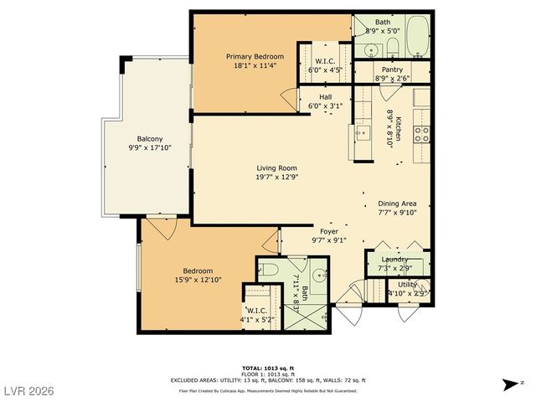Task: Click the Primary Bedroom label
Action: click(x=253, y=56)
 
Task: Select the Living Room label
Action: click(x=276, y=168)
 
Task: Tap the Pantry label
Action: click(x=393, y=70)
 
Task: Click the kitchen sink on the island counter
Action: click(x=363, y=131)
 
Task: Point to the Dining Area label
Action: click(x=397, y=203)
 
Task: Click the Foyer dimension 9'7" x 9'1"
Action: click(x=329, y=240)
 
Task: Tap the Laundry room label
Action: click(x=395, y=260)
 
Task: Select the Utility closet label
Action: click(x=408, y=285)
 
